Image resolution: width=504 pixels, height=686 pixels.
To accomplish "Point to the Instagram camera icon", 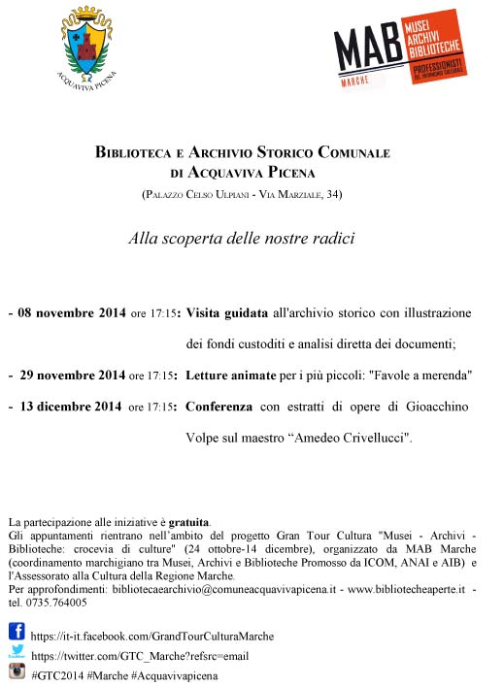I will pyautogui.click(x=17, y=672).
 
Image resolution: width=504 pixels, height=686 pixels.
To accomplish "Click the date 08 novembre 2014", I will pyautogui.click(x=69, y=314).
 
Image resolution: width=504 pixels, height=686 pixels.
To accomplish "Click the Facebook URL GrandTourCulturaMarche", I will pyautogui.click(x=152, y=637).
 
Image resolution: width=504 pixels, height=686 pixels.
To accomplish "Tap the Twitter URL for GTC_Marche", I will pyautogui.click(x=141, y=655).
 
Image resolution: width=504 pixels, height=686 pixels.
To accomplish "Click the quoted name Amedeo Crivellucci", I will pyautogui.click(x=352, y=438).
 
